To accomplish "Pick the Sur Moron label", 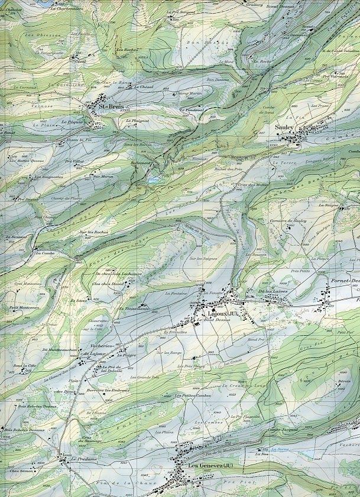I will pyautogui.click(x=103, y=176).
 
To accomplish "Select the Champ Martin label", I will pyautogui.click(x=189, y=93).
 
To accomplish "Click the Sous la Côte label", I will pyautogui.click(x=25, y=366).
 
